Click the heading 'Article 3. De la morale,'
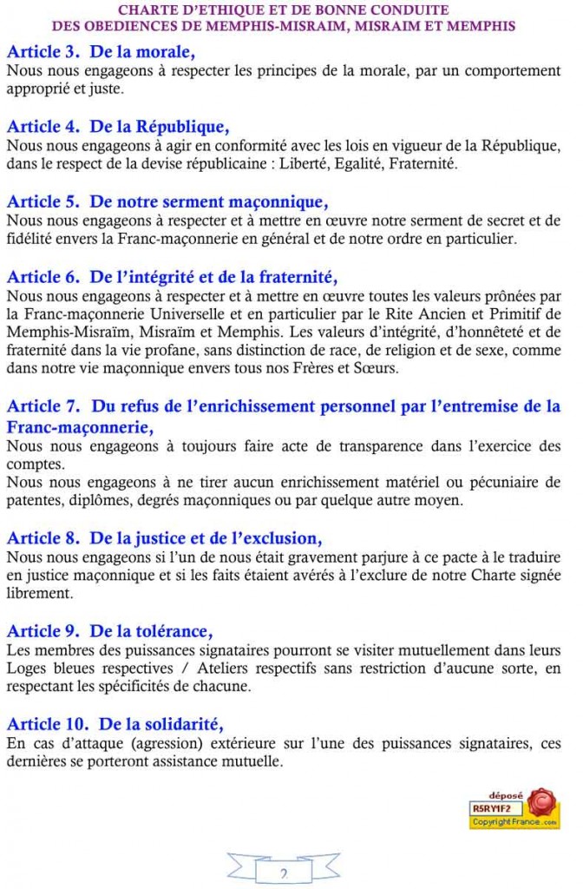(101, 52)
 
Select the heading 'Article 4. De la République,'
(118, 127)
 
